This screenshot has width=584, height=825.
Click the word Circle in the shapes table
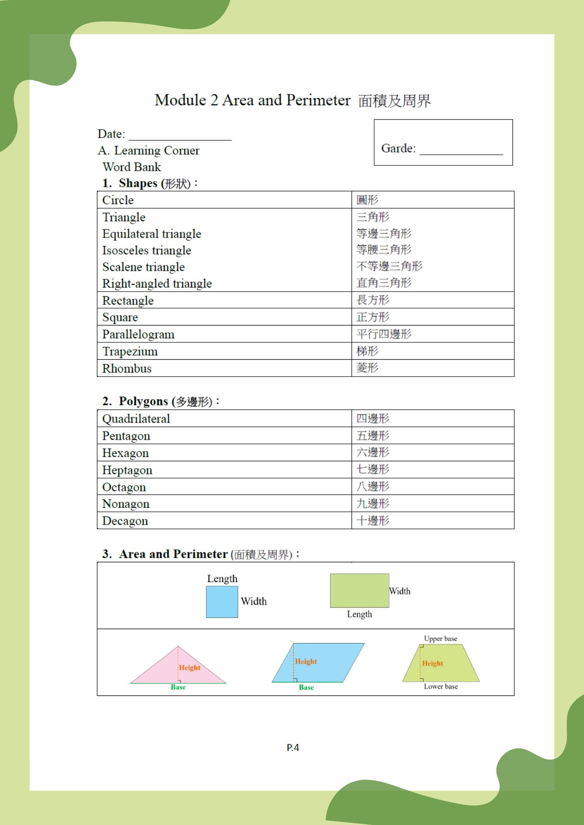click(x=118, y=200)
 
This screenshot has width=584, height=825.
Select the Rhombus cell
click(x=127, y=368)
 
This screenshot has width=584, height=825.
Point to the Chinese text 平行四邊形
click(x=384, y=334)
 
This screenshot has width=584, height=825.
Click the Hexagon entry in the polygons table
click(x=125, y=453)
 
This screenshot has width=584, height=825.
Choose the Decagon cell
click(x=125, y=521)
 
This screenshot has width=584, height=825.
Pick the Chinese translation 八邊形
click(x=373, y=487)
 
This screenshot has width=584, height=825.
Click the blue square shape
click(x=222, y=602)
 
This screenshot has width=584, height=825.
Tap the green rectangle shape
click(x=359, y=590)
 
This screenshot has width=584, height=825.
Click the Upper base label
click(x=440, y=639)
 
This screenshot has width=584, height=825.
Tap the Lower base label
click(x=441, y=686)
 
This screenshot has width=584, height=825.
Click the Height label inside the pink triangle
click(x=190, y=667)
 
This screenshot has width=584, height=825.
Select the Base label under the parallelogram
click(x=306, y=687)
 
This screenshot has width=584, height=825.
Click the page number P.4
click(x=293, y=747)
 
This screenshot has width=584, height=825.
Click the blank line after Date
click(x=180, y=136)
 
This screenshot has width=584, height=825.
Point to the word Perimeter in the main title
click(x=318, y=100)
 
